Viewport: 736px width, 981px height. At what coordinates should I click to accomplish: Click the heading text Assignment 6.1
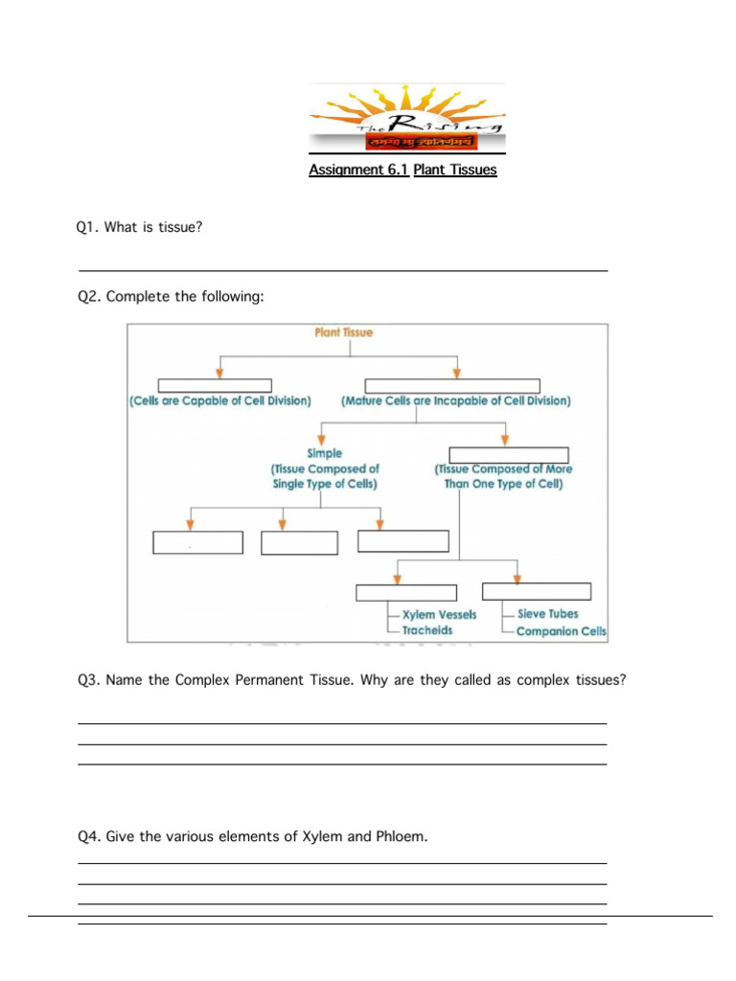point(358,171)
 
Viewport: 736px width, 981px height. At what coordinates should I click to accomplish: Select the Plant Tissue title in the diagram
point(344,332)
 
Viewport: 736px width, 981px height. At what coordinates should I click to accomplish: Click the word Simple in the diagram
point(324,453)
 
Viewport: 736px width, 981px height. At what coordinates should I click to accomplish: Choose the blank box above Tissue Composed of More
point(509,455)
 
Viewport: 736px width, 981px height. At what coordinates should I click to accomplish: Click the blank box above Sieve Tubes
point(536,591)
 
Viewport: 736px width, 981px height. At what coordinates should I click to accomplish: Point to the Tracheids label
point(427,630)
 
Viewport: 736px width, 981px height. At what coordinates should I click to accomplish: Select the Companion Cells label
point(561,631)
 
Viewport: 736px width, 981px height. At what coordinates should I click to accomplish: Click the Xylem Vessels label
point(439,614)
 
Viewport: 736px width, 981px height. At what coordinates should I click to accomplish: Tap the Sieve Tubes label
point(547,613)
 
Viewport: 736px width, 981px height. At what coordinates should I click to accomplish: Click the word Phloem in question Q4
point(401,836)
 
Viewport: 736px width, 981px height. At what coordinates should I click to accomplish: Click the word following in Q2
point(230,297)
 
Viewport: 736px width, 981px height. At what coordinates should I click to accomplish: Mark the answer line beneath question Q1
point(342,271)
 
